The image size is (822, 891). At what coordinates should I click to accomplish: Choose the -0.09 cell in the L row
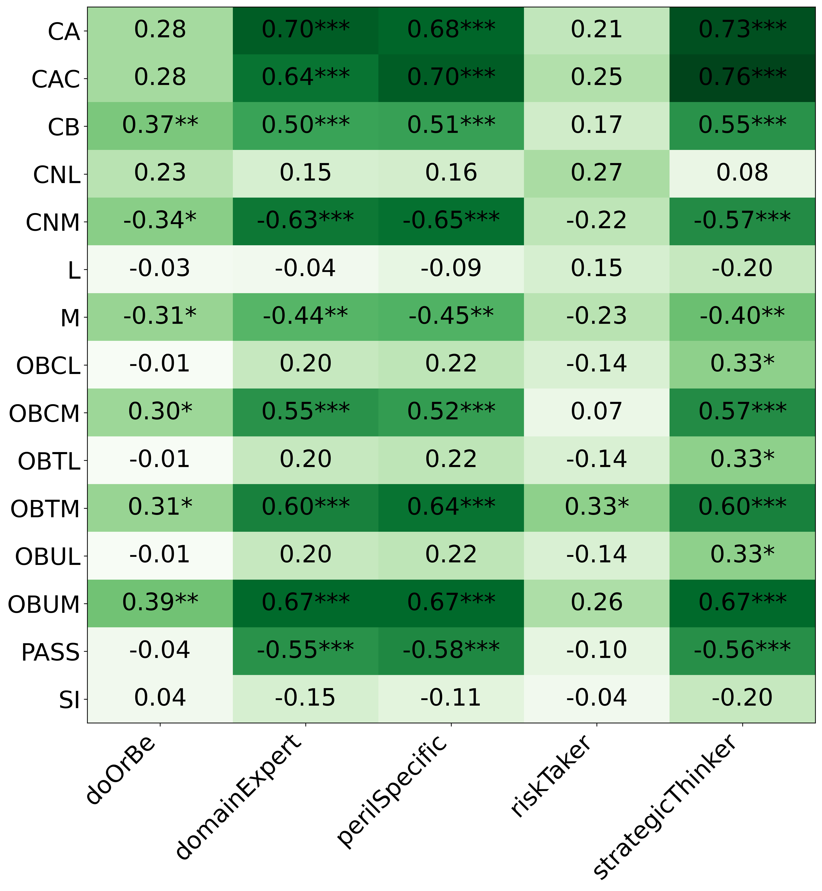pyautogui.click(x=451, y=269)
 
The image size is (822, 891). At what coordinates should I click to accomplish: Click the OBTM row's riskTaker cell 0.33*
pyautogui.click(x=597, y=507)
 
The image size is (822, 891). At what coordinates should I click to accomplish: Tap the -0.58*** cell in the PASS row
pyautogui.click(x=451, y=650)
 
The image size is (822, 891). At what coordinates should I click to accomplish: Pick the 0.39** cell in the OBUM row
pyautogui.click(x=160, y=603)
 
